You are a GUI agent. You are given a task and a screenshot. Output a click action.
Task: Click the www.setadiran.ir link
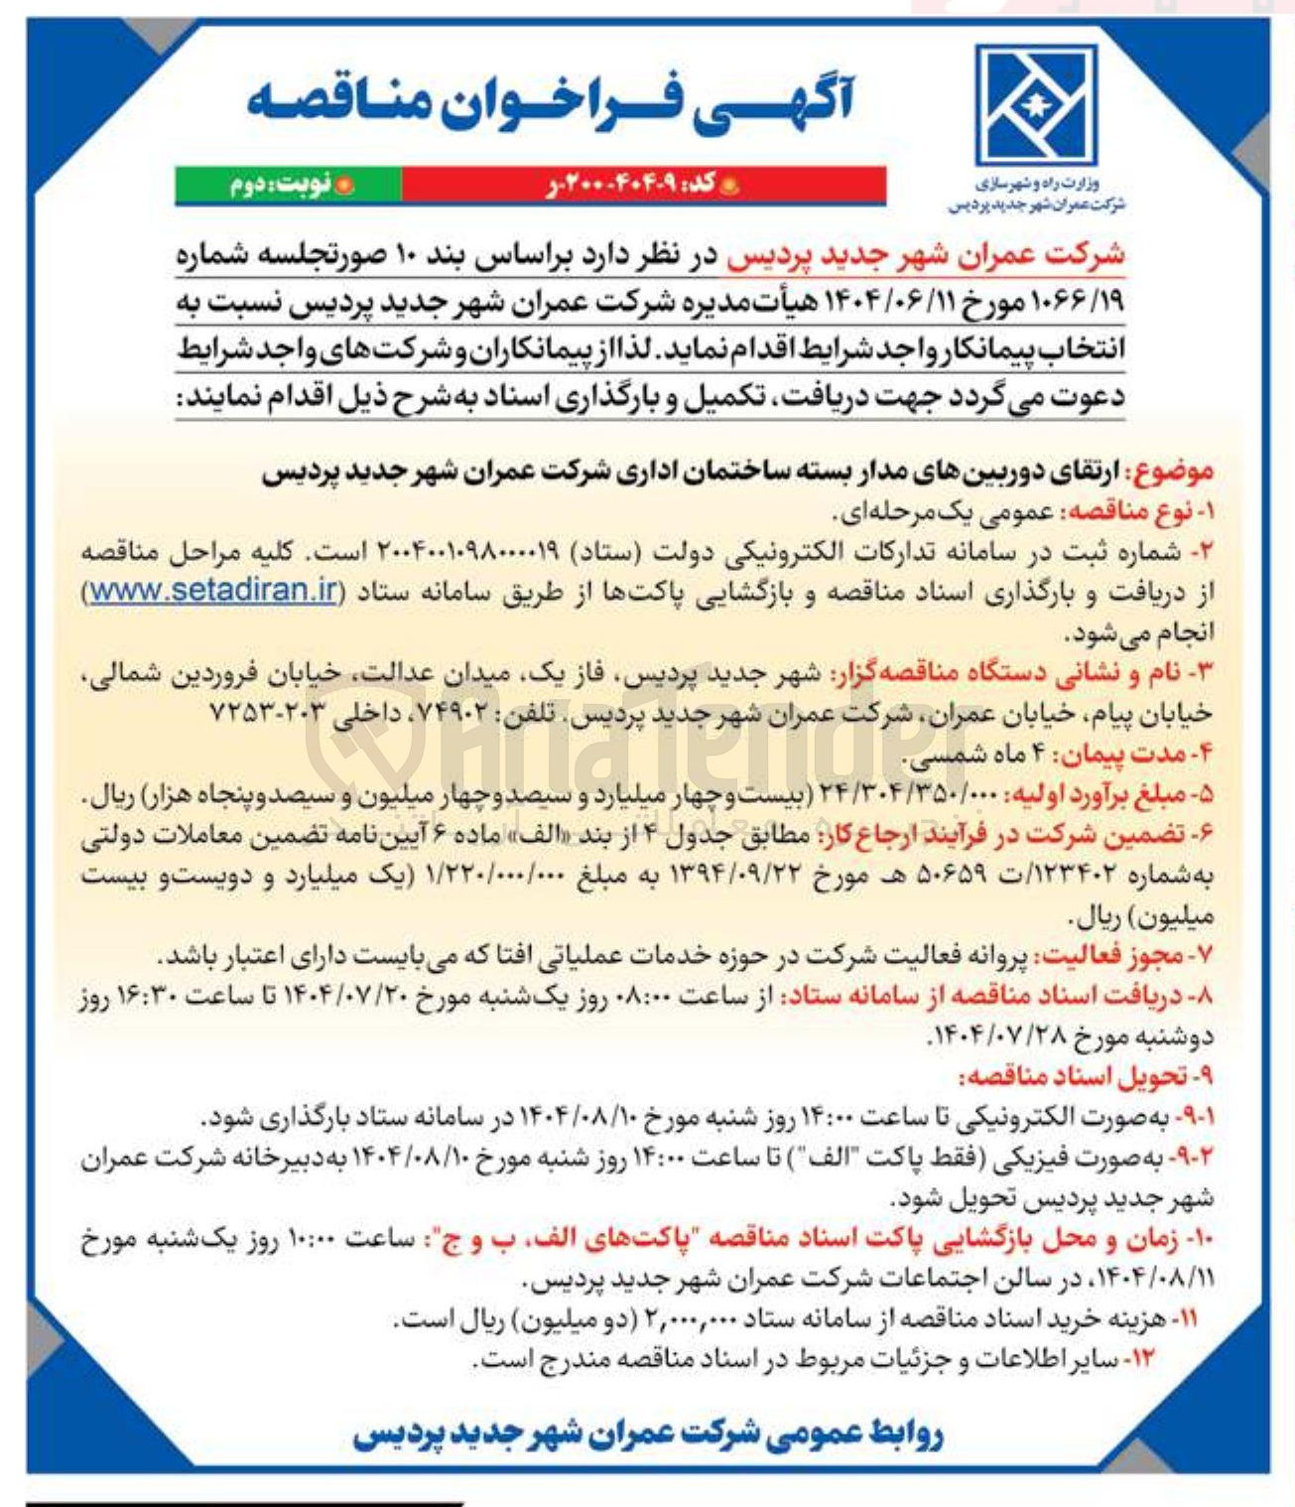point(212,590)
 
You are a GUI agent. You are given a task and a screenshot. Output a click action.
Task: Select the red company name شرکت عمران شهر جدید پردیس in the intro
point(925,256)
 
